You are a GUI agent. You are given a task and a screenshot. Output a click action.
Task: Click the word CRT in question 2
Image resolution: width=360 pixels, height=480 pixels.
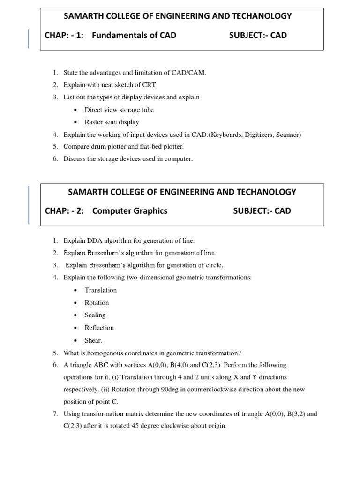point(150,85)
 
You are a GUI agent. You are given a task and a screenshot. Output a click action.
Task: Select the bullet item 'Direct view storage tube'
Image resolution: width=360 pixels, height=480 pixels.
point(119,110)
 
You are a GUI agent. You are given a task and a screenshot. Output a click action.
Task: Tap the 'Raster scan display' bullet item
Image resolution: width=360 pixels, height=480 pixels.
point(112,122)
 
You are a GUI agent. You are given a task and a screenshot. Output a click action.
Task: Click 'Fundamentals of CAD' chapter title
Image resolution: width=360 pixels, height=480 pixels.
point(134,35)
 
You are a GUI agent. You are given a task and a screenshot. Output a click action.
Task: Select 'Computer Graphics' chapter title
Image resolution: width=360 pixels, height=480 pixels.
point(130,211)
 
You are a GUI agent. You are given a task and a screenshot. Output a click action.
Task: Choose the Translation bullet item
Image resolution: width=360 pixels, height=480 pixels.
point(100,290)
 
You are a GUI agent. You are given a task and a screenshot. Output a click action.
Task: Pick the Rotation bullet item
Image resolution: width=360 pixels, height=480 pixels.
point(97,303)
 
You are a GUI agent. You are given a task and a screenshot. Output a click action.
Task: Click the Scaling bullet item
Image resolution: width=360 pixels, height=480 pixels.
point(95,315)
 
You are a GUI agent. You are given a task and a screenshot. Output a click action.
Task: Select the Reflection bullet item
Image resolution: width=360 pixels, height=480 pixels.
point(99,328)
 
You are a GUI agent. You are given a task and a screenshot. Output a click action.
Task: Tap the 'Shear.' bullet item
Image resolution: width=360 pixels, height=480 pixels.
point(93,340)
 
